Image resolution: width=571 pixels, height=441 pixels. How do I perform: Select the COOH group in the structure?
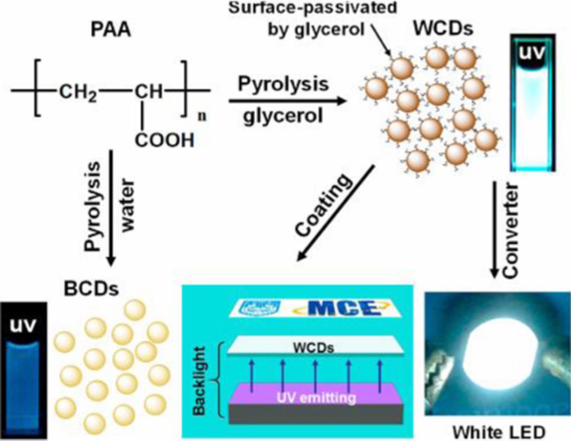click(165, 140)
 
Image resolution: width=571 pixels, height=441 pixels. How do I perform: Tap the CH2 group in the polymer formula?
click(78, 93)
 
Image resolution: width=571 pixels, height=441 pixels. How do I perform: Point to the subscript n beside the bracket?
click(202, 116)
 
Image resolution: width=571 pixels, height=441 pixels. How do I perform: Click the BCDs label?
click(91, 289)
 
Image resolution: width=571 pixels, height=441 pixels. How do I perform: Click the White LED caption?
click(498, 432)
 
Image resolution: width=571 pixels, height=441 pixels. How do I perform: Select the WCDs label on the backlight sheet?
click(314, 347)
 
